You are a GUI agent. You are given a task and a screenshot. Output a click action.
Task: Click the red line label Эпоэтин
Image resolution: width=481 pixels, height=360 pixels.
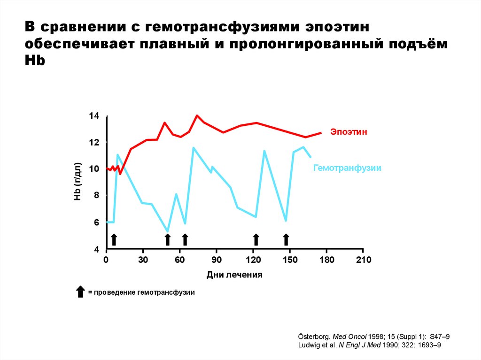point(348,132)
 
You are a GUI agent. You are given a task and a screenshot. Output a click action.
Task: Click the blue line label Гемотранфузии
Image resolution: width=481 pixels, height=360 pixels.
point(347,168)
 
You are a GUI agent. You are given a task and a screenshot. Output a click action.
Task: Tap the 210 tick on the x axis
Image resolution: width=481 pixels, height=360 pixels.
point(363,260)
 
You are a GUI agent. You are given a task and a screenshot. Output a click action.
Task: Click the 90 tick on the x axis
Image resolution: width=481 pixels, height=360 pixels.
point(217,260)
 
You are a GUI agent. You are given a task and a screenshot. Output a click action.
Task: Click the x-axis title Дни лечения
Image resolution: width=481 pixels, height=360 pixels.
point(234,275)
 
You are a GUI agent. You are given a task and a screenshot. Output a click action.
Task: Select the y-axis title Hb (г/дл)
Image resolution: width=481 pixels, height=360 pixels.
point(78,182)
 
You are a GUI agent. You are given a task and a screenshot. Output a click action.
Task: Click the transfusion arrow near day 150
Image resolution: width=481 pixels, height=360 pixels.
point(286,239)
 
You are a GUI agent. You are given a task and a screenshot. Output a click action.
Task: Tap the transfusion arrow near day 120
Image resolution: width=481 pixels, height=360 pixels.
point(256,239)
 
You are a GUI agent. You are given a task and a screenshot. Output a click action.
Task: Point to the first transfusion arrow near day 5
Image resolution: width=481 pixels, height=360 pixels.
point(113,239)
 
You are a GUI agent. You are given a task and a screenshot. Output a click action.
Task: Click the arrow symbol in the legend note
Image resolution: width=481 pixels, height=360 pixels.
point(80,291)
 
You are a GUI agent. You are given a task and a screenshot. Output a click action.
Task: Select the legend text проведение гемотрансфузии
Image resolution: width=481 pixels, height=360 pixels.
point(144,292)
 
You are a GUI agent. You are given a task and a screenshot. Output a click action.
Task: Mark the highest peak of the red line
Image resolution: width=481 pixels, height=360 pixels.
point(197,115)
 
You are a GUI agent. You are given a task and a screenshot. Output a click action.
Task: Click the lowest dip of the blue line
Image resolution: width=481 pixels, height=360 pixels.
point(168,231)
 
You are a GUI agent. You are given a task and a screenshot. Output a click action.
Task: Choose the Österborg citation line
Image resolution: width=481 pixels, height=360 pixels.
point(374,337)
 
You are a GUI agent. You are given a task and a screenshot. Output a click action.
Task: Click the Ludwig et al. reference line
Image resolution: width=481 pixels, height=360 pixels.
point(370,345)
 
